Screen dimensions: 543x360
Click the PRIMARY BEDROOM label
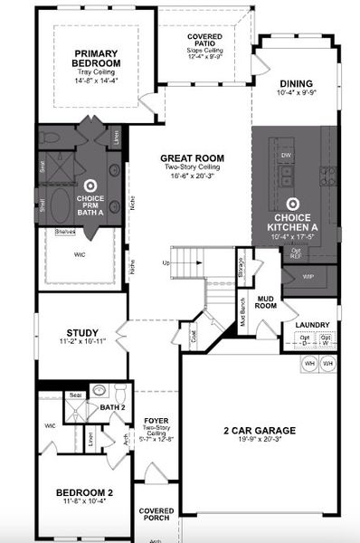(98, 60)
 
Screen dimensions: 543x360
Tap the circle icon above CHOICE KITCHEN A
(293, 205)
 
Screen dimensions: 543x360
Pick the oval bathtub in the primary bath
(64, 204)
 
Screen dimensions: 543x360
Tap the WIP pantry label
(308, 276)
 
